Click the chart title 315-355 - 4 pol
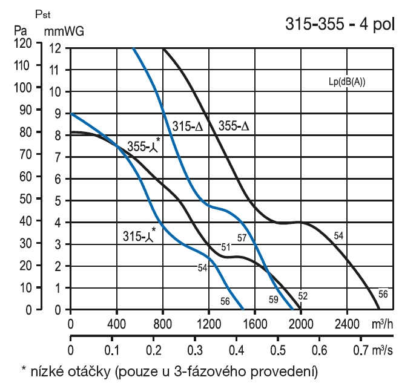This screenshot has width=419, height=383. coord(338,26)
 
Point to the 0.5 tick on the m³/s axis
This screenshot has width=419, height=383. coord(277,350)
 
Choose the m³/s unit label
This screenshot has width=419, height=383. coord(390,350)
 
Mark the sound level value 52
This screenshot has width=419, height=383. coord(302,296)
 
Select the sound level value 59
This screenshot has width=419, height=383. coord(274,299)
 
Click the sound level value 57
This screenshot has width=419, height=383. coord(242,238)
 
